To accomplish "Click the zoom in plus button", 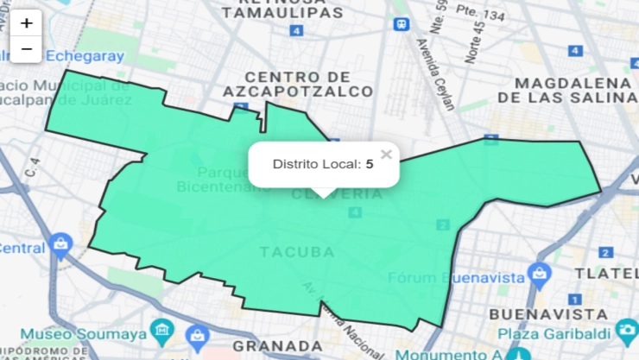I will click(27, 23).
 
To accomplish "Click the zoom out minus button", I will click(27, 49).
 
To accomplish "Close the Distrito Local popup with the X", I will click(386, 155).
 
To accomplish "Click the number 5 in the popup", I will click(370, 164).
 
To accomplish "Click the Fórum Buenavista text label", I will click(457, 277).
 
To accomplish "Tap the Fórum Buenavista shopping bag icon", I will click(541, 275).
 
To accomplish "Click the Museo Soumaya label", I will click(82, 333).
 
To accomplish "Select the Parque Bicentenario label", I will click(217, 179).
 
